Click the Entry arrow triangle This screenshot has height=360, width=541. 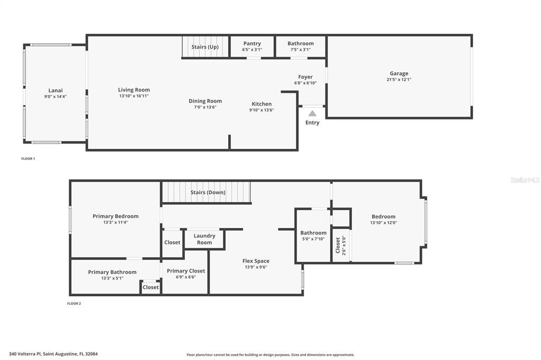(x=312, y=113)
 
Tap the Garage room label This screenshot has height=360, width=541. (x=399, y=73)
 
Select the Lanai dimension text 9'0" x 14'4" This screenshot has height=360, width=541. (x=55, y=97)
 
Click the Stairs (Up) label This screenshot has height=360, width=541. (x=205, y=47)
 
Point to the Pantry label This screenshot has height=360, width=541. (x=252, y=43)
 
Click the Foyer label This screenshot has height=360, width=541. (x=305, y=77)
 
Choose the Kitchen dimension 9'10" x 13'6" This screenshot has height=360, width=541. (x=262, y=110)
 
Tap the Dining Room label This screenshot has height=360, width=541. (x=205, y=101)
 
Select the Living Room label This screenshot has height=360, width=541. (x=134, y=90)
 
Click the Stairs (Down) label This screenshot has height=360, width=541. (x=208, y=193)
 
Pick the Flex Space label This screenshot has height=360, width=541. (x=256, y=261)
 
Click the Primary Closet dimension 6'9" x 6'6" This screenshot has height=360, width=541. (x=186, y=277)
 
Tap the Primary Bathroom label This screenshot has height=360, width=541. (x=112, y=272)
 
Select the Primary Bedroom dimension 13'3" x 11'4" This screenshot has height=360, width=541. (x=115, y=222)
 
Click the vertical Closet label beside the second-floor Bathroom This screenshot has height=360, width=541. (x=338, y=245)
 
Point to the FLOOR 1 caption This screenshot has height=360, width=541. (x=28, y=158)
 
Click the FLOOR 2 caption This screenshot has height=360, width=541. (x=74, y=304)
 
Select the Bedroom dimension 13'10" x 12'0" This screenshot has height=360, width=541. (x=383, y=222)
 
